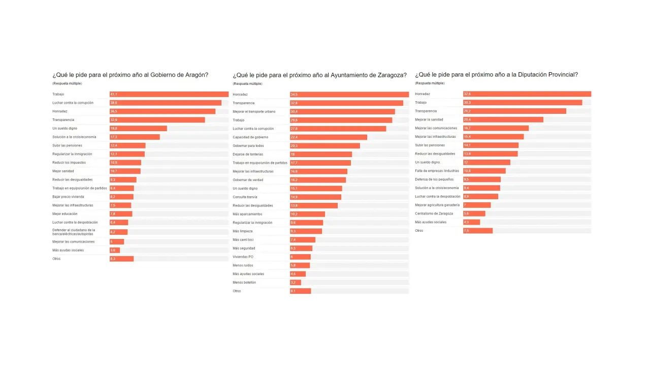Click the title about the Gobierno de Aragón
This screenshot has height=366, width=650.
point(131,75)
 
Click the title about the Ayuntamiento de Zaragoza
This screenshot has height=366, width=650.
point(319,75)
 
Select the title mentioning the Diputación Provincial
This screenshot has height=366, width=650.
point(496,75)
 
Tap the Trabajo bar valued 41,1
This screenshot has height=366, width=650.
point(169,94)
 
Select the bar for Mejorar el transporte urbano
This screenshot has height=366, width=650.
point(342,111)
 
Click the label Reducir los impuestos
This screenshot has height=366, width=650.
point(69,163)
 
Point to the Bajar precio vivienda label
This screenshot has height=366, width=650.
point(68,197)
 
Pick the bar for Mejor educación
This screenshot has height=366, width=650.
point(121,214)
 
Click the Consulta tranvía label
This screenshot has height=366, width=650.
point(245,197)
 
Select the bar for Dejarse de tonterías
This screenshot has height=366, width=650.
point(321,154)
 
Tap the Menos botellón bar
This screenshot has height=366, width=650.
point(296,283)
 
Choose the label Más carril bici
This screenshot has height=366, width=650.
point(243,239)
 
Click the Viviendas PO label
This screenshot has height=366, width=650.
point(243,257)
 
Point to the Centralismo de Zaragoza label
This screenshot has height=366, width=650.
point(434,213)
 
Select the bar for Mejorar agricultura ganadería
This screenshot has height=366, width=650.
point(477,205)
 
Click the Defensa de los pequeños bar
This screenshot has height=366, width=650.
point(482,179)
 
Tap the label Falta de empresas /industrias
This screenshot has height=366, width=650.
point(437,171)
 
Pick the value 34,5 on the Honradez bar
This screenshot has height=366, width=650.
point(294,95)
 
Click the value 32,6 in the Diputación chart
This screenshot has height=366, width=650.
point(467,94)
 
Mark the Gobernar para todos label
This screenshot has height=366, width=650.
point(248,145)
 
